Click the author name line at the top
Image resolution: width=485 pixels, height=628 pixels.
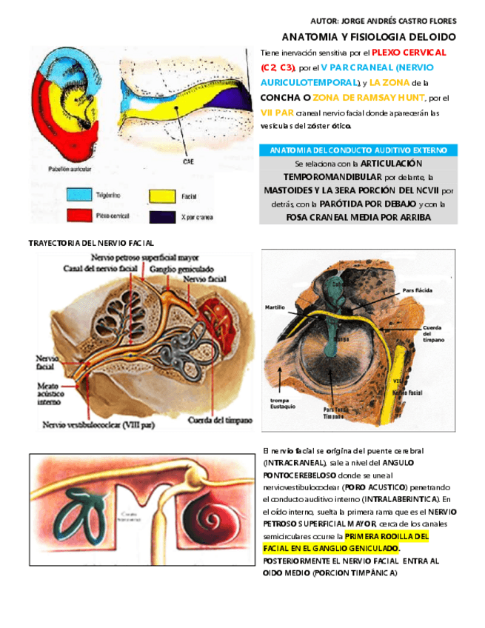point(383,20)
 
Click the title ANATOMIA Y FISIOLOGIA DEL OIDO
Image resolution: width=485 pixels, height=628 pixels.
point(369,36)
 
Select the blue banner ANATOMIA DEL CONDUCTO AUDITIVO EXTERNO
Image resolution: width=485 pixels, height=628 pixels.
point(358,150)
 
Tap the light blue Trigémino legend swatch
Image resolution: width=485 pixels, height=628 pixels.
point(78,195)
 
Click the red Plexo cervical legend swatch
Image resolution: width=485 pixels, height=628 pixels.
point(78,216)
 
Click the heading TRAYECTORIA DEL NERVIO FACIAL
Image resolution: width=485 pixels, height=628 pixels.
point(90,243)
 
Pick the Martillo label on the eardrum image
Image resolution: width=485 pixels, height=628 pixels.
point(275,307)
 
